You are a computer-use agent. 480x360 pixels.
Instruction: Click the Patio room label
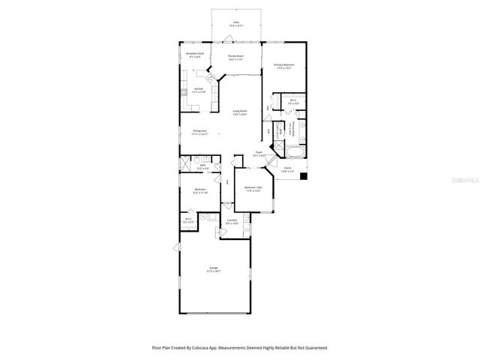coord(235,23)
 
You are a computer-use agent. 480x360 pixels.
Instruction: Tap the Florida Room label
coord(235,57)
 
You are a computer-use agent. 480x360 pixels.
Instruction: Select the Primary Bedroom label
coord(283,66)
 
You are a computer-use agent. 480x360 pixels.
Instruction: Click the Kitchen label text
coord(199,89)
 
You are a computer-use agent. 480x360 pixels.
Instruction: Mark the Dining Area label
coord(199,132)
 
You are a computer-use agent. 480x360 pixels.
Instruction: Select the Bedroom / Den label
coord(253,188)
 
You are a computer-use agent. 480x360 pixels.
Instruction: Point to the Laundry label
coord(232,221)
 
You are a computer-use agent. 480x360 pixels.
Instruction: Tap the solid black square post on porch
coord(304,177)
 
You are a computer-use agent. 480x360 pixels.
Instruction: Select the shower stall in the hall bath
coord(185,162)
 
